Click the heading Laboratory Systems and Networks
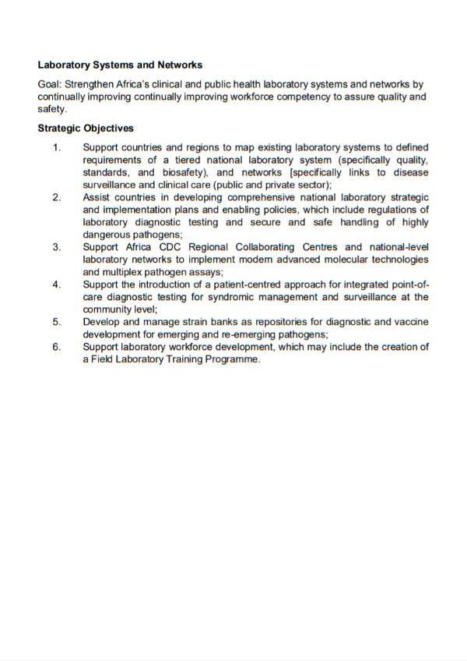120,65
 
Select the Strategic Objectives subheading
86,129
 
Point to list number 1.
56,147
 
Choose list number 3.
56,247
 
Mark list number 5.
56,322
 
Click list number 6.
56,347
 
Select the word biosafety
182,172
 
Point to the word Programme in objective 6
230,359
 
